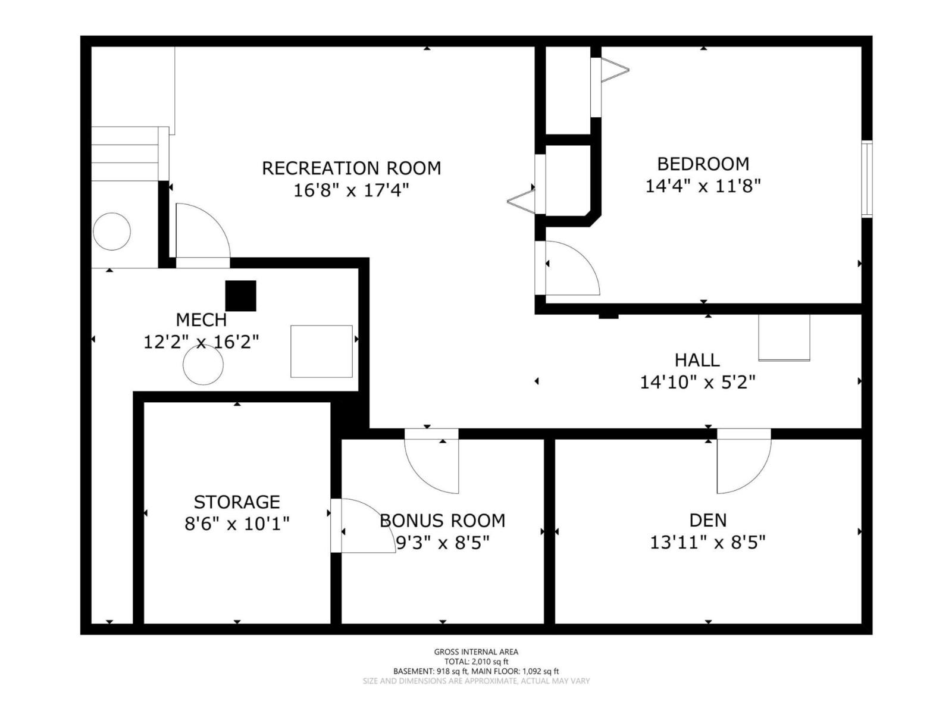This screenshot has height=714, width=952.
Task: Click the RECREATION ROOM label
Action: [351, 168]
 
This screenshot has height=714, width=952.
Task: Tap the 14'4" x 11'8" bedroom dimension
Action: [703, 186]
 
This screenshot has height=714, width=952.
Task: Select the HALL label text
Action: [697, 360]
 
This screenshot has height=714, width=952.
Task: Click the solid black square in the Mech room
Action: [240, 296]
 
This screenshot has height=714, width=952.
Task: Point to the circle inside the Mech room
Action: [203, 365]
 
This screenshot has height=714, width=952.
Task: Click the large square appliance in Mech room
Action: [321, 351]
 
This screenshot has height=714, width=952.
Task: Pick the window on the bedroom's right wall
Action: [867, 178]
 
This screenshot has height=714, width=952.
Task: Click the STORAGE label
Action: [237, 502]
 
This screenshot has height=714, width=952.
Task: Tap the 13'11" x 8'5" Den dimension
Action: [707, 543]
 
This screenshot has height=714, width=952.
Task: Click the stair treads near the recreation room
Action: [125, 154]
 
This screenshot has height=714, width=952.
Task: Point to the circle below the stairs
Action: [112, 231]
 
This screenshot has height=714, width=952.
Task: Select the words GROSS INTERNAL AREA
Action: [476, 652]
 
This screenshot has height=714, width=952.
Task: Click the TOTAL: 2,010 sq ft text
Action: [476, 662]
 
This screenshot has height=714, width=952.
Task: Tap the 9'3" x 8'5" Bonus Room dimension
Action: [443, 543]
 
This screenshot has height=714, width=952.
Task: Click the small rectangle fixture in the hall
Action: [784, 337]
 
